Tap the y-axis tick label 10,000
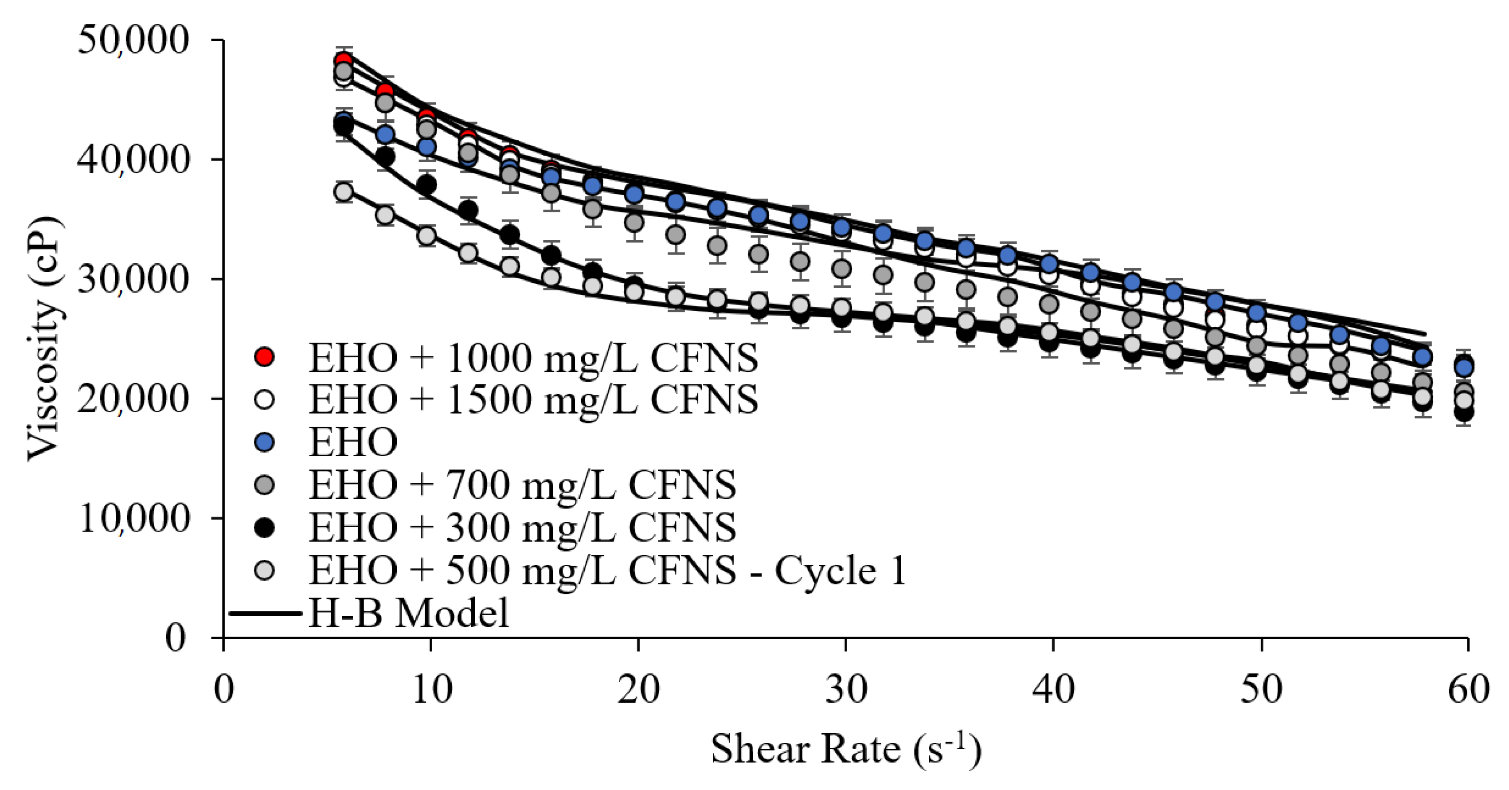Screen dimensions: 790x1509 pyautogui.click(x=133, y=518)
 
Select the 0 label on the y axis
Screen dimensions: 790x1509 pyautogui.click(x=175, y=637)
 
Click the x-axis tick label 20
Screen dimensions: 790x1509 pyautogui.click(x=638, y=689)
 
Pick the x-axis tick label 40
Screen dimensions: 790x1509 pyautogui.click(x=1053, y=689)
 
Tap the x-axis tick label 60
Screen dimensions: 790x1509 pyautogui.click(x=1467, y=689)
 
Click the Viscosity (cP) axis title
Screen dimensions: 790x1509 pyautogui.click(x=44, y=339)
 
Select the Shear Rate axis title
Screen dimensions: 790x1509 pyautogui.click(x=845, y=749)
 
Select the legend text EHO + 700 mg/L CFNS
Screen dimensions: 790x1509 pyautogui.click(x=522, y=485)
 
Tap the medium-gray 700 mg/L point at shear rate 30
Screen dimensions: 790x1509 pyautogui.click(x=842, y=269)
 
